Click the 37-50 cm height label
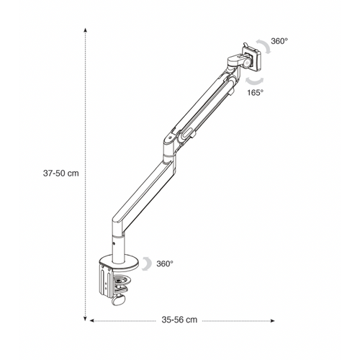coord(61,173)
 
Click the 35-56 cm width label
coord(179,320)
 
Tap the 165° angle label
coord(256,93)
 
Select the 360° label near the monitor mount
coord(279,41)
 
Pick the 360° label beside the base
coord(165,264)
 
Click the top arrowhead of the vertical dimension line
coord(85,30)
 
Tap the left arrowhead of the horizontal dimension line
coord(91,320)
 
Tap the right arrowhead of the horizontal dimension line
coord(272,320)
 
